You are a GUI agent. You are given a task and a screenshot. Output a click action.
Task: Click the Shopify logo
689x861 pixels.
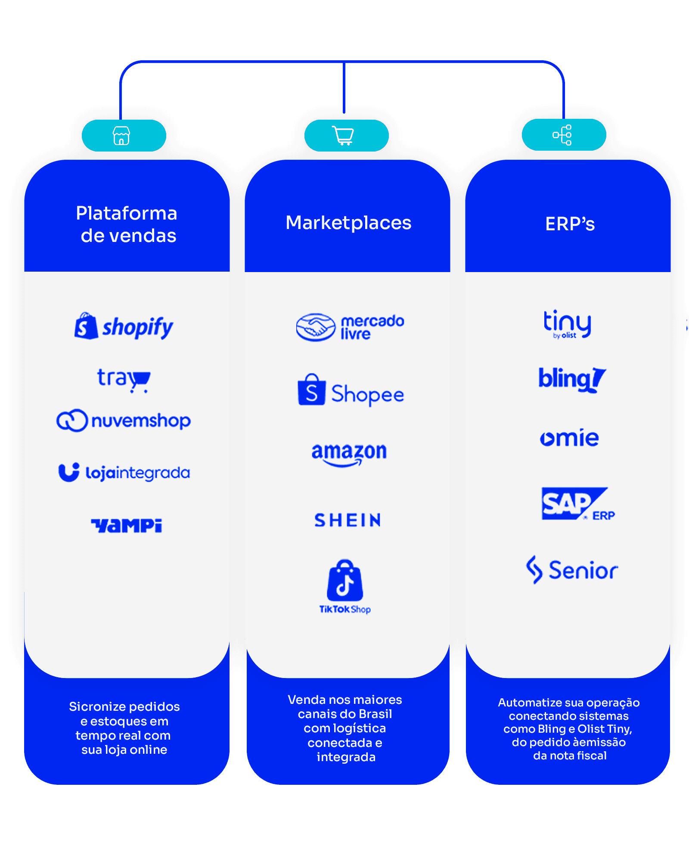(x=124, y=326)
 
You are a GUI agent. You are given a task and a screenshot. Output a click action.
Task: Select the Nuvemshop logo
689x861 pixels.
(x=124, y=421)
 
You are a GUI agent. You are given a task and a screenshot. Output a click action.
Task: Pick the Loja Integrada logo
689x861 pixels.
(x=124, y=472)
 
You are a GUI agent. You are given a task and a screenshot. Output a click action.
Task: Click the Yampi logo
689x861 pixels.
(x=126, y=525)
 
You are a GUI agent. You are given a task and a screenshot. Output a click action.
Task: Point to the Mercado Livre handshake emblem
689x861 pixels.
(x=316, y=327)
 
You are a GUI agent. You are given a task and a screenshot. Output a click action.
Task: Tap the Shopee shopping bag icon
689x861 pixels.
(x=311, y=390)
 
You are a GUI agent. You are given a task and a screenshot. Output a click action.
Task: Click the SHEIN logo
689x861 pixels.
(x=348, y=520)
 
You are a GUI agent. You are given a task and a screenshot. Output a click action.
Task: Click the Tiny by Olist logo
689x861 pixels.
(x=567, y=324)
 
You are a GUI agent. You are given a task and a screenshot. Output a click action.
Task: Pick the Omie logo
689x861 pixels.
(x=569, y=438)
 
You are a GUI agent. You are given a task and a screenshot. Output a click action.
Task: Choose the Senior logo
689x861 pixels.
(x=572, y=570)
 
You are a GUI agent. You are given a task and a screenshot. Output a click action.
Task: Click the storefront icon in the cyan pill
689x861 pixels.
(x=121, y=136)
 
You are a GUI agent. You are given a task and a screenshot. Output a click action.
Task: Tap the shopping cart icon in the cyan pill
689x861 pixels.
(x=343, y=136)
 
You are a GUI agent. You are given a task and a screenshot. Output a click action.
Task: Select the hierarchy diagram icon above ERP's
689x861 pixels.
(x=562, y=135)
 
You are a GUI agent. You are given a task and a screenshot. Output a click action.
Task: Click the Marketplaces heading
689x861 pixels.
(x=348, y=223)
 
